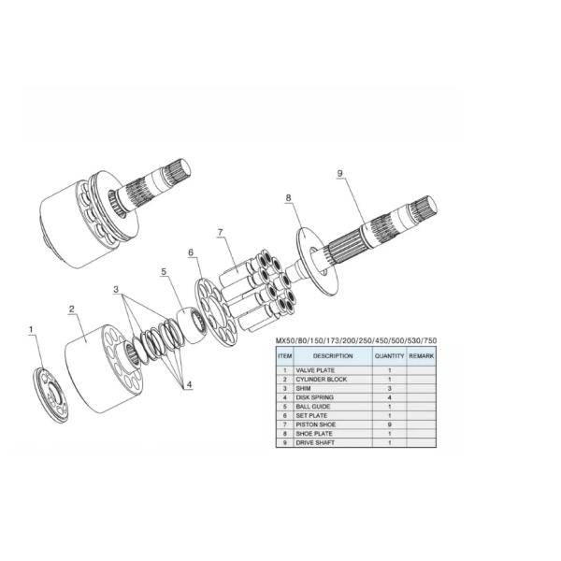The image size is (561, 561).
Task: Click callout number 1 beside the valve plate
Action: click(31, 329)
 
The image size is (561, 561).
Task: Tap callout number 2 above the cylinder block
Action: click(71, 308)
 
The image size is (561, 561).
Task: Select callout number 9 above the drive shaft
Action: click(339, 174)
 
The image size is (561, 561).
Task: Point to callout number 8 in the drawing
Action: click(288, 198)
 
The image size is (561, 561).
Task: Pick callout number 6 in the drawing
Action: click(191, 252)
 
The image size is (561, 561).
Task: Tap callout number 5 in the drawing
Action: click(163, 272)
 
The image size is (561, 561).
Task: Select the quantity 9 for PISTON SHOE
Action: click(388, 424)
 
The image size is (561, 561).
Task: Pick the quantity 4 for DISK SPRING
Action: click(388, 397)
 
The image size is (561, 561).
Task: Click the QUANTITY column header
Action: click(389, 355)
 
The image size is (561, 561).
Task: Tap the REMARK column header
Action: click(422, 355)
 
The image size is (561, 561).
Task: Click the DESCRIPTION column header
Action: click(333, 355)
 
